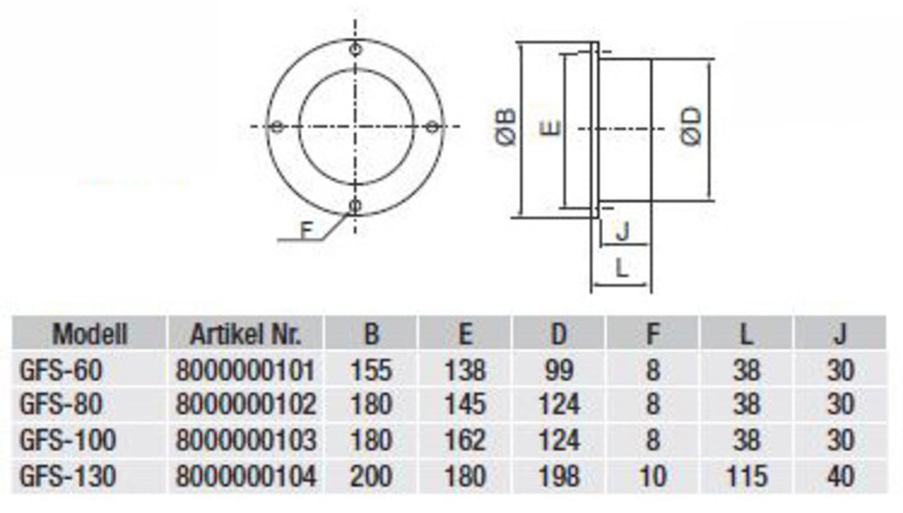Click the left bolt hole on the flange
[x=278, y=126]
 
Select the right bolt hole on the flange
[x=433, y=126]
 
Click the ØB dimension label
[x=507, y=126]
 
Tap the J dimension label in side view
[x=622, y=233]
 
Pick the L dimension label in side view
[x=621, y=267]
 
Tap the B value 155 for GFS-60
[x=371, y=369]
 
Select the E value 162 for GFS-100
[x=465, y=441]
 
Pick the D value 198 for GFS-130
[x=559, y=476]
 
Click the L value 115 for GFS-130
[x=747, y=476]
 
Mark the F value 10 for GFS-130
[x=653, y=476]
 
